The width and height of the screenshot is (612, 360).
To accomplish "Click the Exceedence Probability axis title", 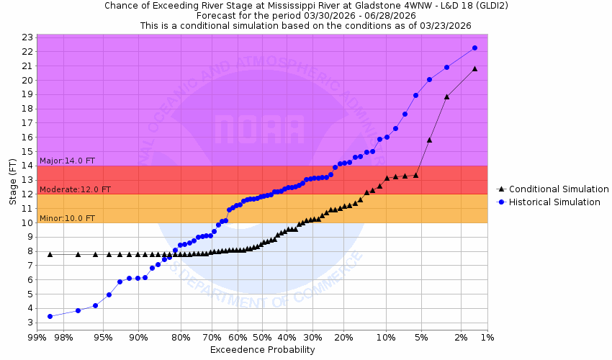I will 262,350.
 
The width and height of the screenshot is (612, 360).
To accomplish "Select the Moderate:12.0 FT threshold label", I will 75,189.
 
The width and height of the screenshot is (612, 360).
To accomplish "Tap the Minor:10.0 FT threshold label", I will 67,218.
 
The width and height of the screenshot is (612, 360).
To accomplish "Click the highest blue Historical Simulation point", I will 475,48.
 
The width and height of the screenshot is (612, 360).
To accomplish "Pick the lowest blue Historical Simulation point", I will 50,316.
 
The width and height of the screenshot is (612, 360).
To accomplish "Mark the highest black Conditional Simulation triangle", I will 475,68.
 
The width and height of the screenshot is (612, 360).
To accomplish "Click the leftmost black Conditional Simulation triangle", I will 50,254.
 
